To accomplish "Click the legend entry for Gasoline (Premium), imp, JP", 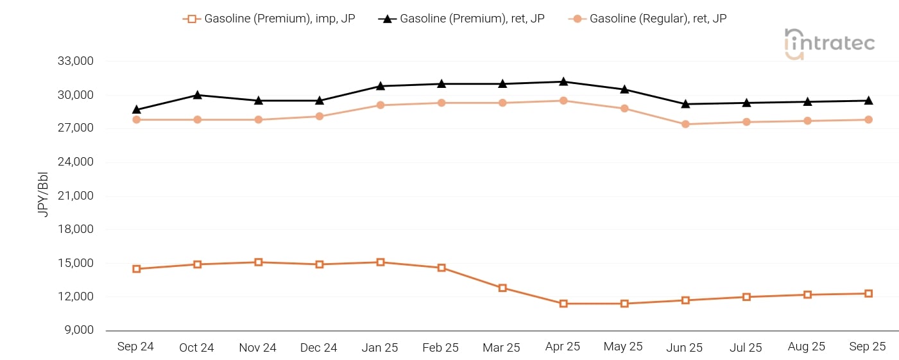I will coord(269,19).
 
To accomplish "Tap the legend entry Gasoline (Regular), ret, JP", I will coord(648,19).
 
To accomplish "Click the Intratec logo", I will coord(830,43).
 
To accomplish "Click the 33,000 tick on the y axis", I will coord(76,62).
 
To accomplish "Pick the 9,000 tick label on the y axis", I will coord(78,330).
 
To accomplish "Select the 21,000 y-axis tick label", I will coord(76,196).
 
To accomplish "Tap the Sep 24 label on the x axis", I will coord(135,347).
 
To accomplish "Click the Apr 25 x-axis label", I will coord(562,347).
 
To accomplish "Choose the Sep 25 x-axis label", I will coord(868,347).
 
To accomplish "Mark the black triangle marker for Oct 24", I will coord(198,95).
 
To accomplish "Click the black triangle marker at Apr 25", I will coord(563,81).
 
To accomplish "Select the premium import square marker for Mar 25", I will coord(502,288).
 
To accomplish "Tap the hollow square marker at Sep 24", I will coord(137,269).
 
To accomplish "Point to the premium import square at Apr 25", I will coord(563,304).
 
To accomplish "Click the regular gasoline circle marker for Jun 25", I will coord(685,124).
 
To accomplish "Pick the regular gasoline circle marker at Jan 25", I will coord(381,105).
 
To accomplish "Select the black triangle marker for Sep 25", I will coord(868,100).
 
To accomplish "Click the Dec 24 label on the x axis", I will coord(319,348).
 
